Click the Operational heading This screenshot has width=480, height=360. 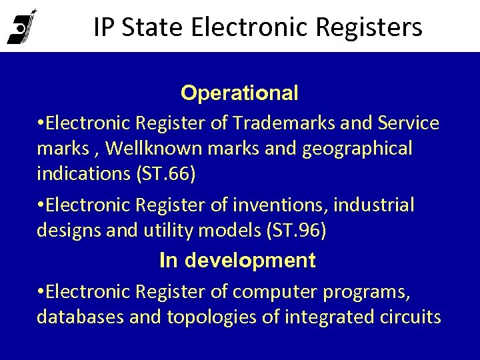tap(239, 93)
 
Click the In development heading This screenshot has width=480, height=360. tap(237, 261)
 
